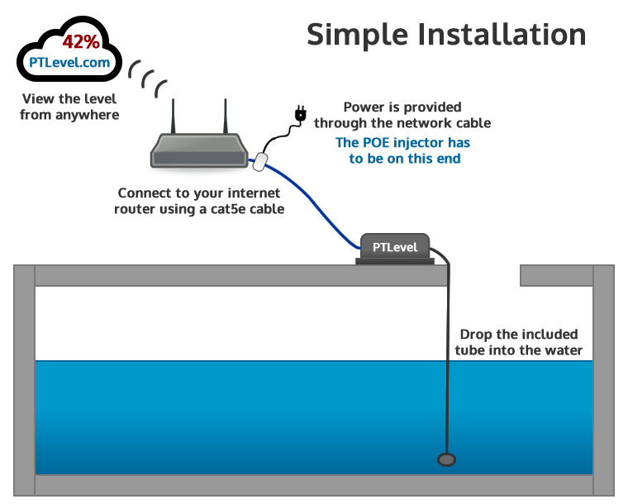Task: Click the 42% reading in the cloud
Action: click(x=81, y=42)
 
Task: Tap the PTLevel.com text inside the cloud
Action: click(x=69, y=62)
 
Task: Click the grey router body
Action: click(x=199, y=152)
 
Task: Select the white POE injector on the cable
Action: click(x=261, y=160)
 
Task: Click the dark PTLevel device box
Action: click(x=395, y=247)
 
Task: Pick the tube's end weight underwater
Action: click(x=447, y=460)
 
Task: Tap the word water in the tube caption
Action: click(x=564, y=350)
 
